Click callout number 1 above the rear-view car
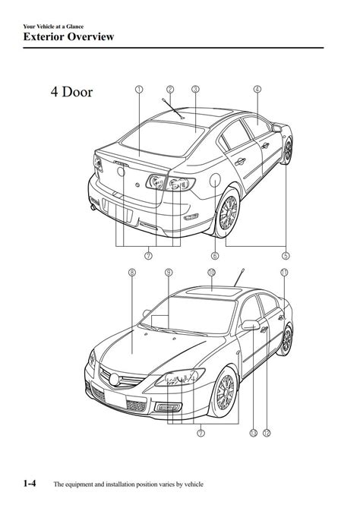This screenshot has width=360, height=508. [139, 89]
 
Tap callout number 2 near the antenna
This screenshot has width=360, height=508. [170, 89]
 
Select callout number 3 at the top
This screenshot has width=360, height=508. [195, 89]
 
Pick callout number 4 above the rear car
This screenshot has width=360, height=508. [257, 89]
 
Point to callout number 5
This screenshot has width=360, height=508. [286, 256]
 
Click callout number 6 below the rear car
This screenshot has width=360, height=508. [215, 256]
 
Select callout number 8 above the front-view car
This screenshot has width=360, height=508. [132, 273]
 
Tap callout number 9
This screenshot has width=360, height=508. [169, 273]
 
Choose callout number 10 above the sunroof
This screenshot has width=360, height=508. [211, 273]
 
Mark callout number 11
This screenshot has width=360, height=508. [284, 273]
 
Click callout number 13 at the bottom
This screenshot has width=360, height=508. [253, 433]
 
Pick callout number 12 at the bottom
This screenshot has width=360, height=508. [267, 433]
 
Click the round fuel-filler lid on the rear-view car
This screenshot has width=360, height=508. [215, 180]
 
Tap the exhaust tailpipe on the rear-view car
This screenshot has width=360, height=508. [93, 207]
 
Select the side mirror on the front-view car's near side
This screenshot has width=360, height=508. [251, 325]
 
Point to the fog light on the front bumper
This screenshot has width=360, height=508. [168, 407]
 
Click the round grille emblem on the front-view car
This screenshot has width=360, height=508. [114, 380]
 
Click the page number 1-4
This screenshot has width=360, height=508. [30, 484]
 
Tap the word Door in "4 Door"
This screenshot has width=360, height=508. [77, 92]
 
